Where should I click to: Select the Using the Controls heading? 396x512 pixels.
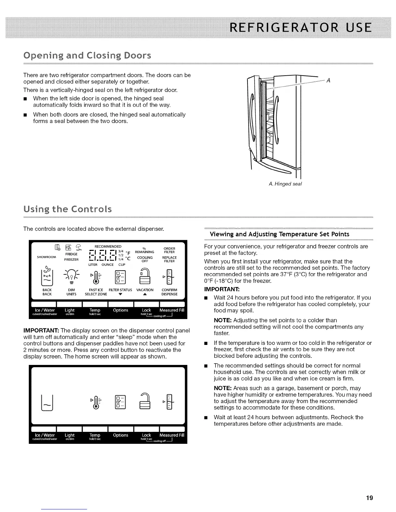[68, 209]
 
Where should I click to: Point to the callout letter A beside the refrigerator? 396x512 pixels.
[328, 80]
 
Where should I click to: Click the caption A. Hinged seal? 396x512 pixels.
[285, 184]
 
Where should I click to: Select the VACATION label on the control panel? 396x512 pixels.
[145, 290]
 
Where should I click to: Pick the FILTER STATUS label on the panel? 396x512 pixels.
[120, 290]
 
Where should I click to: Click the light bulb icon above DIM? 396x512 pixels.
[71, 275]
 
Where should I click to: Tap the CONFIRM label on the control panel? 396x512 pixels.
[169, 290]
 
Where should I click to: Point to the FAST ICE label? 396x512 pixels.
[96, 290]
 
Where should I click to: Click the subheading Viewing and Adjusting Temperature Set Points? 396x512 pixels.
[280, 234]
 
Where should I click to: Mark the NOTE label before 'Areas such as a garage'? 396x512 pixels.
[223, 388]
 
